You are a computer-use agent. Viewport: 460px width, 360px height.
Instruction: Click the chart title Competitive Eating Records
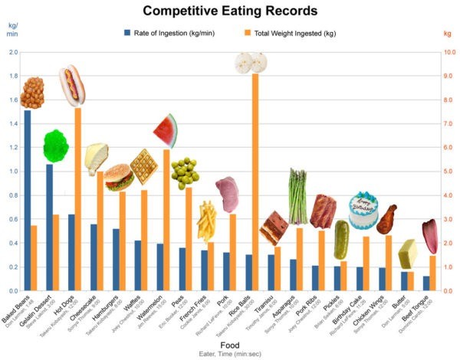coord(229,11)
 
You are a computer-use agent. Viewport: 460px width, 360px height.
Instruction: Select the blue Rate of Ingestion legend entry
coord(164,33)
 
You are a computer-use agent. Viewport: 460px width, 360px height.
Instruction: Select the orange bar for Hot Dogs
coord(78,199)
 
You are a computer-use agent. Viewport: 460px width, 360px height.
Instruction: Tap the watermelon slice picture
coord(166,130)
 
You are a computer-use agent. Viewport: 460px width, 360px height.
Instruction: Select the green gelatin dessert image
coord(55,146)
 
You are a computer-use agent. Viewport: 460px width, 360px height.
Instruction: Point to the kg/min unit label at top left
coord(13,30)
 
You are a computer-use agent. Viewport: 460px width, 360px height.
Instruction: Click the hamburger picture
coord(119,177)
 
